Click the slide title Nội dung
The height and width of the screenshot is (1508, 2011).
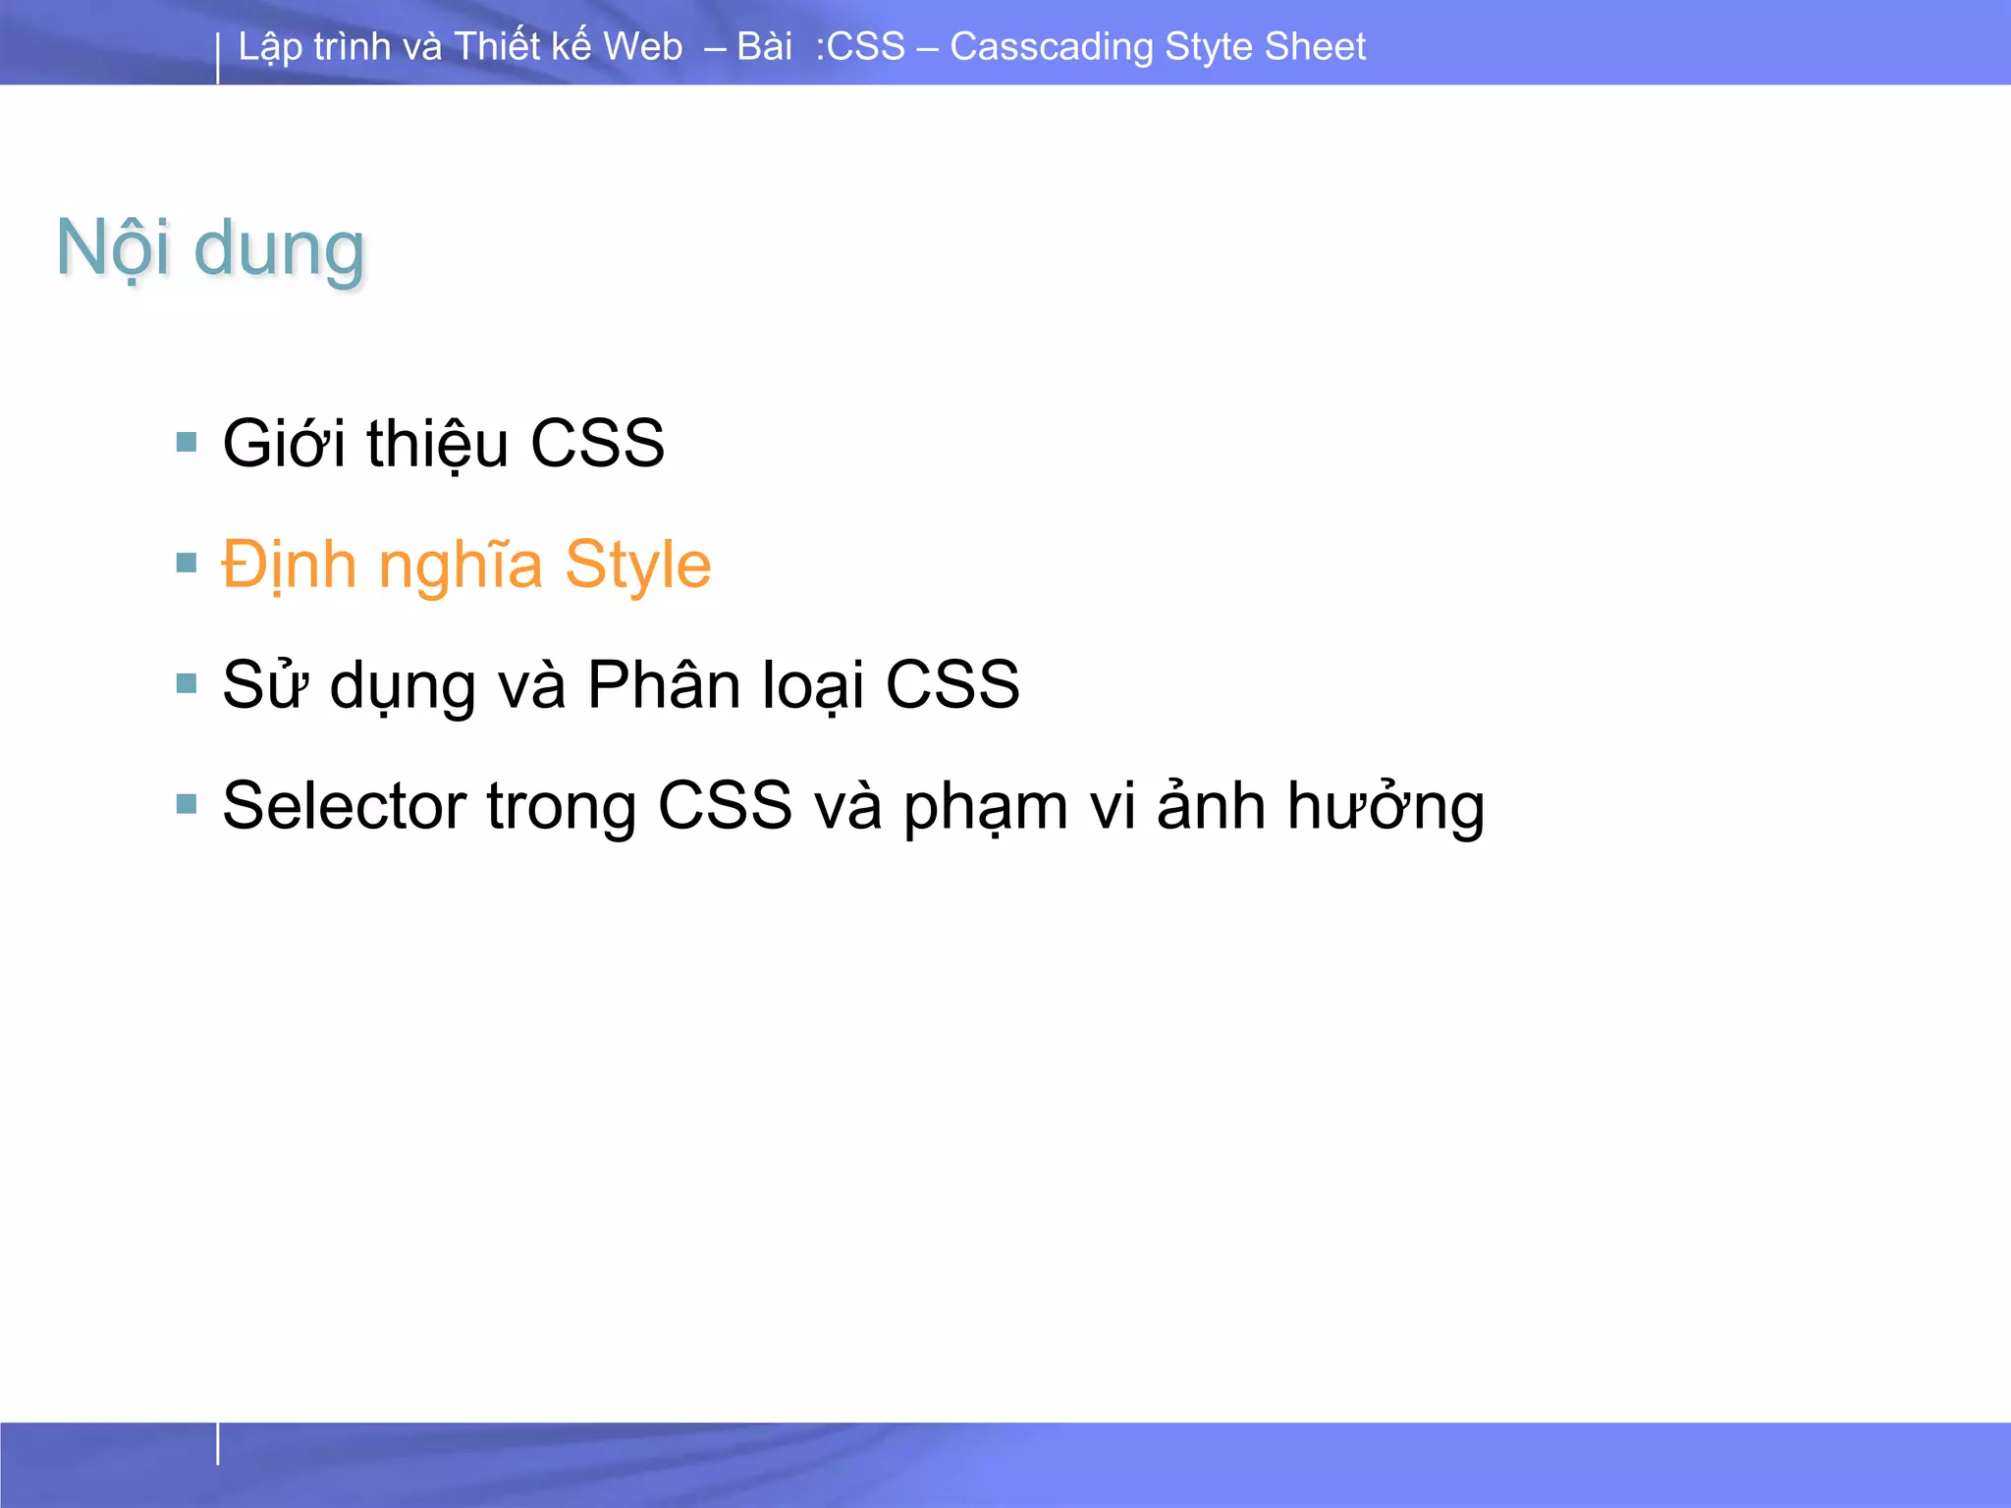(210, 248)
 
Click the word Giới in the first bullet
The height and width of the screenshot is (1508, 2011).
(284, 443)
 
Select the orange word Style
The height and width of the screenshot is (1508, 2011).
(637, 565)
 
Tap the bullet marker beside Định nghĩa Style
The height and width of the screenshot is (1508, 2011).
(187, 563)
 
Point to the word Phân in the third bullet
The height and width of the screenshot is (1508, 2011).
(664, 684)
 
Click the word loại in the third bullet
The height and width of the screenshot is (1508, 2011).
(813, 684)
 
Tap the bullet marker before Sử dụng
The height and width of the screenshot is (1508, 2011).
(187, 683)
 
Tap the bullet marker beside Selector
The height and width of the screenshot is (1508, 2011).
(187, 804)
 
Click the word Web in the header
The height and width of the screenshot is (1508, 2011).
(642, 46)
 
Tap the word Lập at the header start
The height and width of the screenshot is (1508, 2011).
(268, 47)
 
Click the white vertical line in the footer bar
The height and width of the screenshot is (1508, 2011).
(218, 1443)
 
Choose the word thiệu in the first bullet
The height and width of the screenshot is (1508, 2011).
(437, 443)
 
